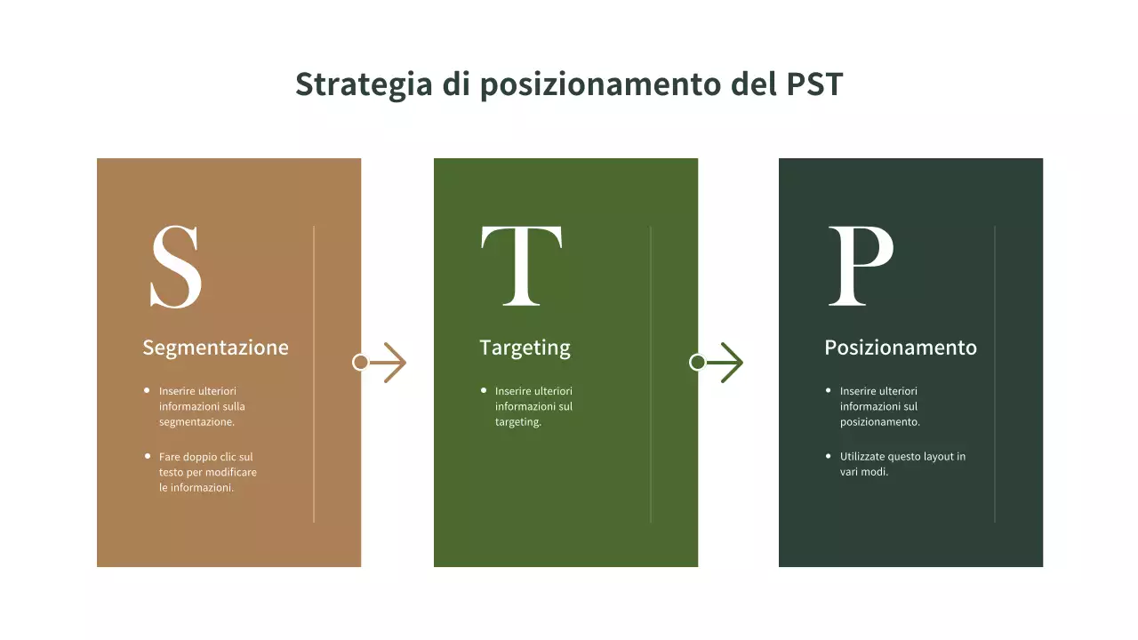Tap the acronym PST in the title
[x=814, y=84]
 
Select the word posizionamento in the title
[x=602, y=85]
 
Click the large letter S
[x=176, y=266]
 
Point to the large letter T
[x=521, y=266]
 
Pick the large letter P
[x=860, y=266]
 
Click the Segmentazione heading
[x=215, y=348]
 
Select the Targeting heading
[x=525, y=348]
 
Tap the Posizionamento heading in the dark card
[x=900, y=348]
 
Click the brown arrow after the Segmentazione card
[x=389, y=363]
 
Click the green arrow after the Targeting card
[x=726, y=363]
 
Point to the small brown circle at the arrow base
[x=360, y=363]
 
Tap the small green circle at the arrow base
[x=697, y=363]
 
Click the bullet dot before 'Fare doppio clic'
[x=148, y=456]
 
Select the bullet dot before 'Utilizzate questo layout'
[x=829, y=456]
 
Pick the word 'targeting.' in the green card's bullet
[x=518, y=422]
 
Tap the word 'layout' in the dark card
[x=938, y=457]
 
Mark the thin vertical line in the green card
[x=651, y=374]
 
